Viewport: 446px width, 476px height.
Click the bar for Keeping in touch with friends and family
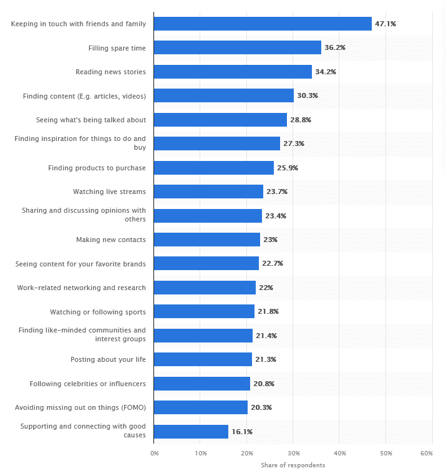(263, 24)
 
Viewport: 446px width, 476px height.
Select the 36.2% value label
(335, 47)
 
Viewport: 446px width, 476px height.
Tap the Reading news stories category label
(110, 72)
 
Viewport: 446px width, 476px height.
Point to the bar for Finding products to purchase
(213, 168)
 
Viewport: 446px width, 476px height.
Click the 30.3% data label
(308, 95)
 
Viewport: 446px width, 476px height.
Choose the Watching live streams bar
(208, 192)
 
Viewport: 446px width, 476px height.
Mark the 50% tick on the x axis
(385, 452)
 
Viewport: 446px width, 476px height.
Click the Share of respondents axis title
(293, 465)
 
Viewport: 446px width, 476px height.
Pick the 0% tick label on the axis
(154, 452)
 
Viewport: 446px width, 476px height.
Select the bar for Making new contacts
(206, 240)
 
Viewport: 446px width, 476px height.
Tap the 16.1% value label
(242, 431)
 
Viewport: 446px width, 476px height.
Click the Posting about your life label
(109, 359)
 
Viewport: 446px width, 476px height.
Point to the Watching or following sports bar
(204, 311)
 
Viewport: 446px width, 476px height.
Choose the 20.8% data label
(264, 384)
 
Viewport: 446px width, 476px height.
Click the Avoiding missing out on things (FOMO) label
(80, 407)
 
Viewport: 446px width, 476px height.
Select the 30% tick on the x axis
(293, 452)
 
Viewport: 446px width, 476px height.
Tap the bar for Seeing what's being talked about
(220, 120)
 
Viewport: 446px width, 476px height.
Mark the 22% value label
(266, 288)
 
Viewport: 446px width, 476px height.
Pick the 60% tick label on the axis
(427, 452)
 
